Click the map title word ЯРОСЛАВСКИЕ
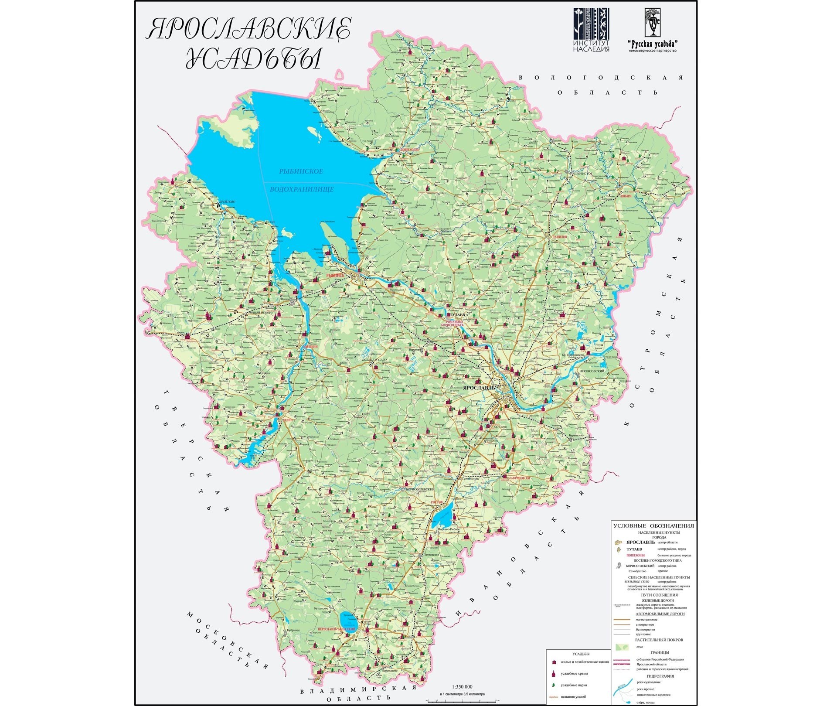248,29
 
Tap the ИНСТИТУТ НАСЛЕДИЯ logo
591,30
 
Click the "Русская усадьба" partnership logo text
652,44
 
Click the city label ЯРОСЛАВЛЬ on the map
479,388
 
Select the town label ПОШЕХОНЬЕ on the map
409,150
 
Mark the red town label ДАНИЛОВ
559,237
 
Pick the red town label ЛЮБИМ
625,197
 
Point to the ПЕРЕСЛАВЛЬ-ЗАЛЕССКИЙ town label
337,629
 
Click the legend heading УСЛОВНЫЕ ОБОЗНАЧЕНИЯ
653,525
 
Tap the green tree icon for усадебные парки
554,685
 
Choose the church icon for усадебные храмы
554,673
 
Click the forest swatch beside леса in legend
622,647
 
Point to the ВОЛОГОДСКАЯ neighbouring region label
601,78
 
